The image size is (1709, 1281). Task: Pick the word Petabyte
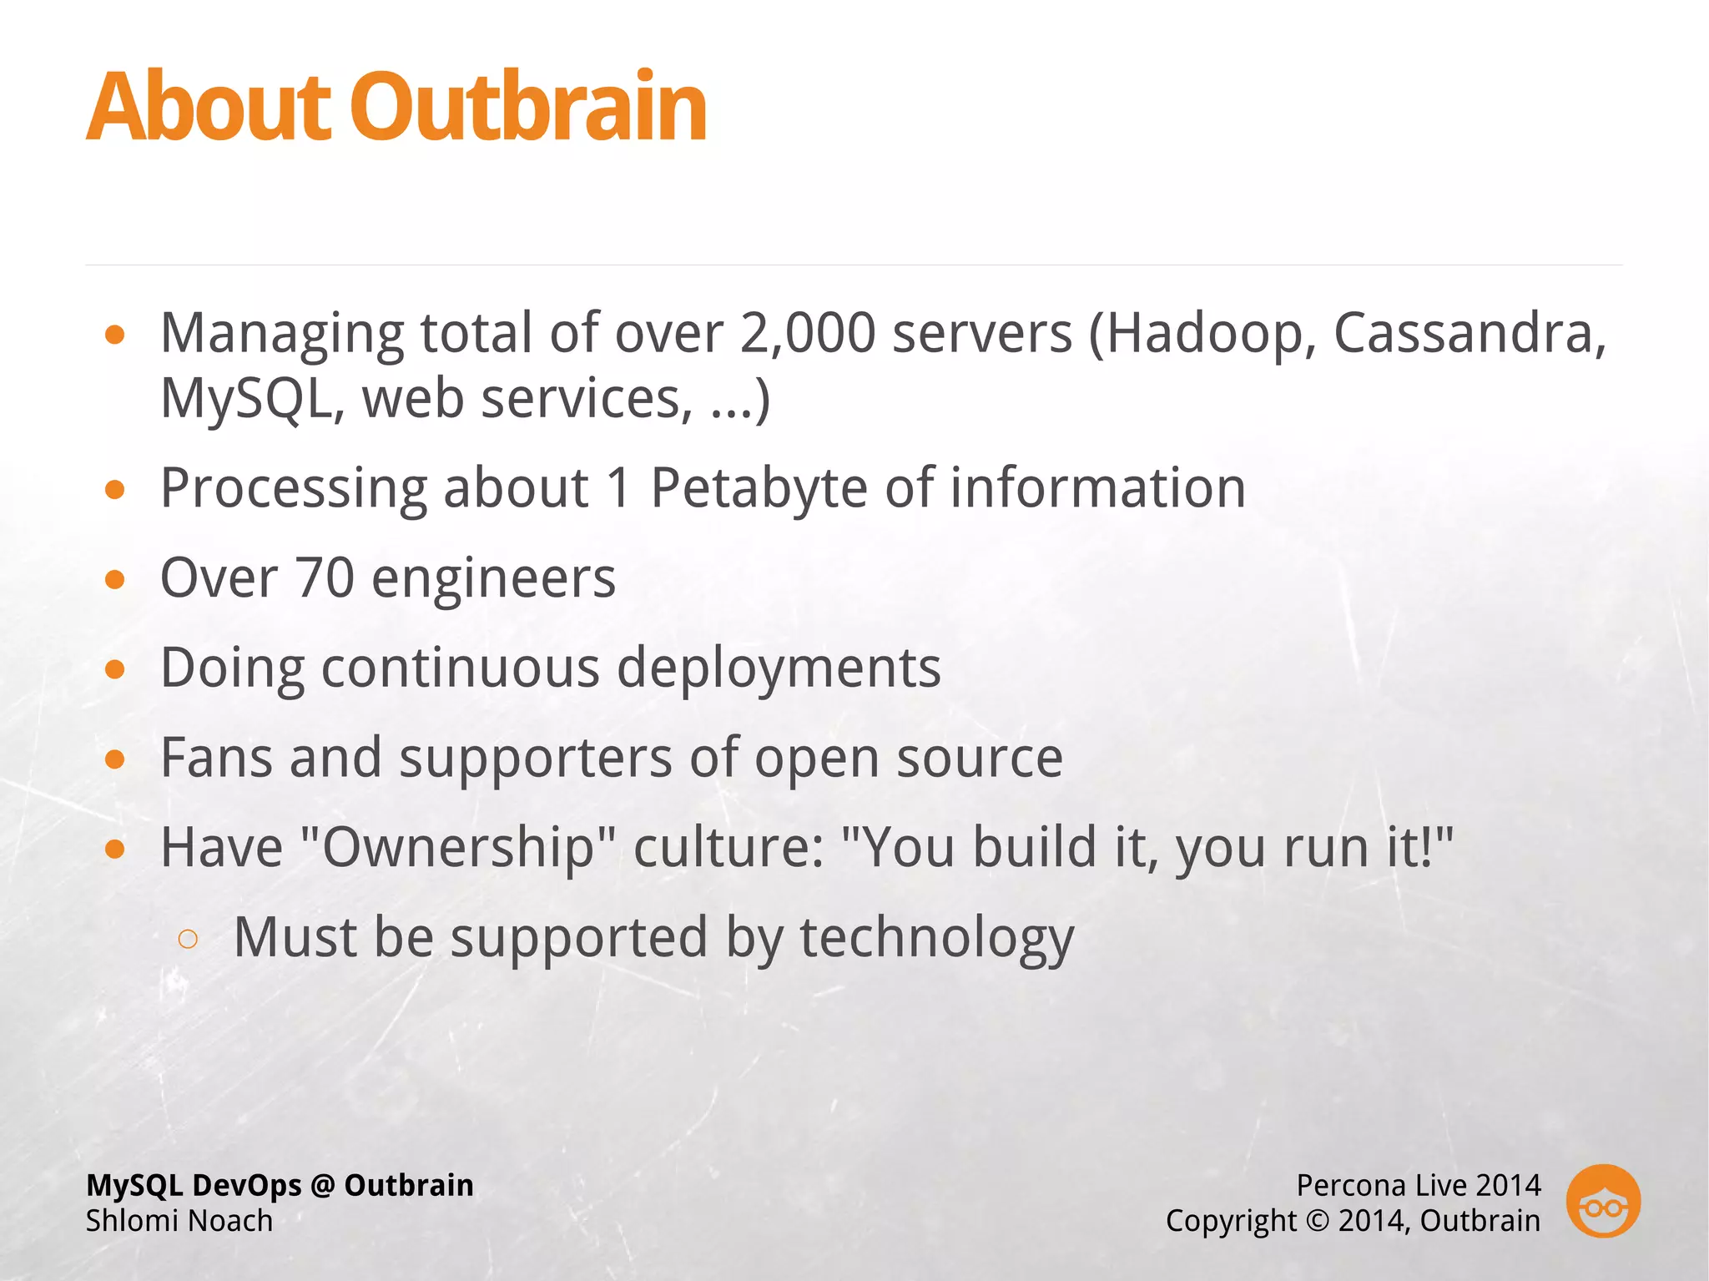tap(759, 488)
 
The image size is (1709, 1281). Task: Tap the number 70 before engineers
tap(325, 578)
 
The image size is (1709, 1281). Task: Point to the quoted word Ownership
tap(457, 848)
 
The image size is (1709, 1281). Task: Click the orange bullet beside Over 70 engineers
tap(115, 580)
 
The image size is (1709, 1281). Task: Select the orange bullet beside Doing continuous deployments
tap(115, 669)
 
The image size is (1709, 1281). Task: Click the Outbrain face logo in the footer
tap(1603, 1202)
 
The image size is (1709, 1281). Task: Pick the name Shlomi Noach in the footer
tap(179, 1221)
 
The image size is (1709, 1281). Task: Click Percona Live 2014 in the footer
tap(1418, 1185)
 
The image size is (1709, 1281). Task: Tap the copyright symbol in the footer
tap(1317, 1221)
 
